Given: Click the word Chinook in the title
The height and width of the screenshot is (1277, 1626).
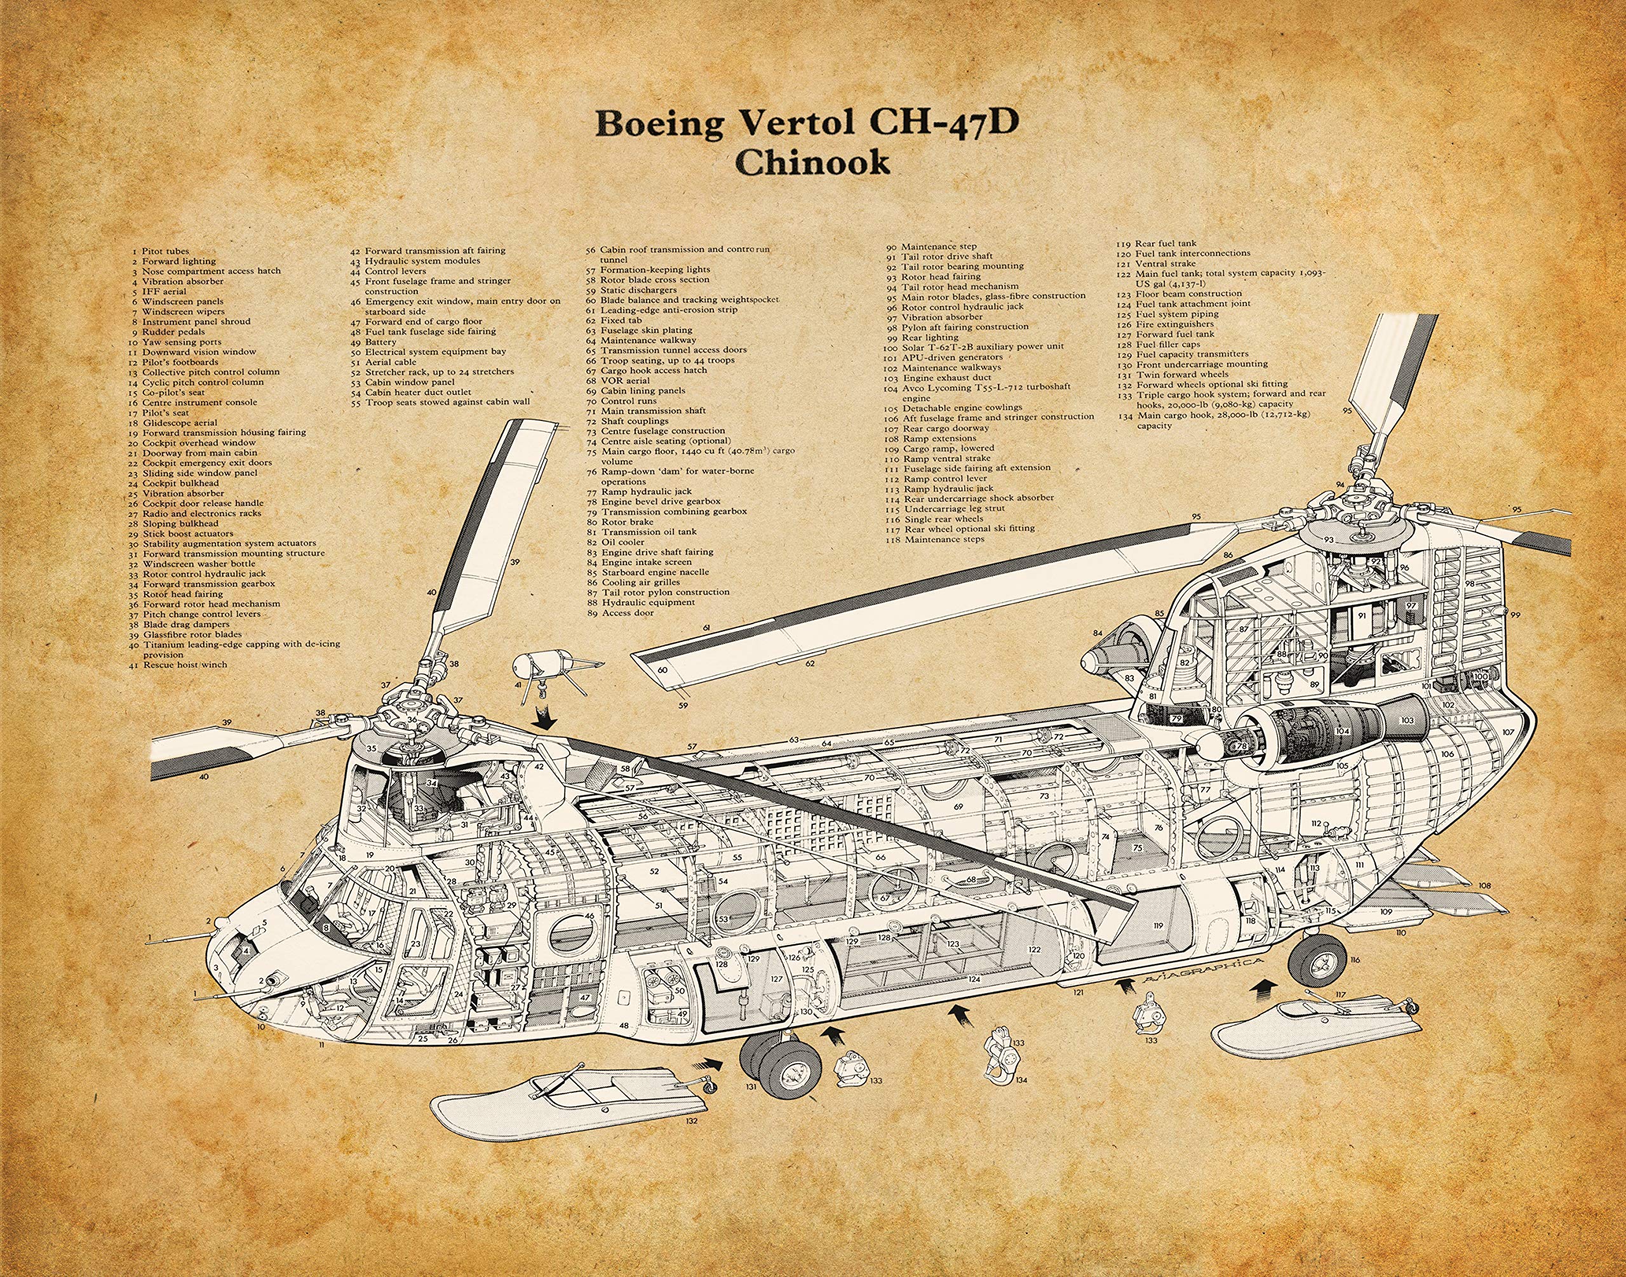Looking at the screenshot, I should pyautogui.click(x=812, y=163).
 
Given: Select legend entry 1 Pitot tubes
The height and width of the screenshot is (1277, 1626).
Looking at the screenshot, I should pyautogui.click(x=161, y=251).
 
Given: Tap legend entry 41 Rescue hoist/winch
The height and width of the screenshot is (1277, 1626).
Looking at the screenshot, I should pyautogui.click(x=180, y=665).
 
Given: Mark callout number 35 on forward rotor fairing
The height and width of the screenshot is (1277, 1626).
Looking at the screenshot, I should pyautogui.click(x=371, y=749).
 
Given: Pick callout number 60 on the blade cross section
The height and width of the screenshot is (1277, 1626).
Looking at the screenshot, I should pyautogui.click(x=662, y=670).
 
